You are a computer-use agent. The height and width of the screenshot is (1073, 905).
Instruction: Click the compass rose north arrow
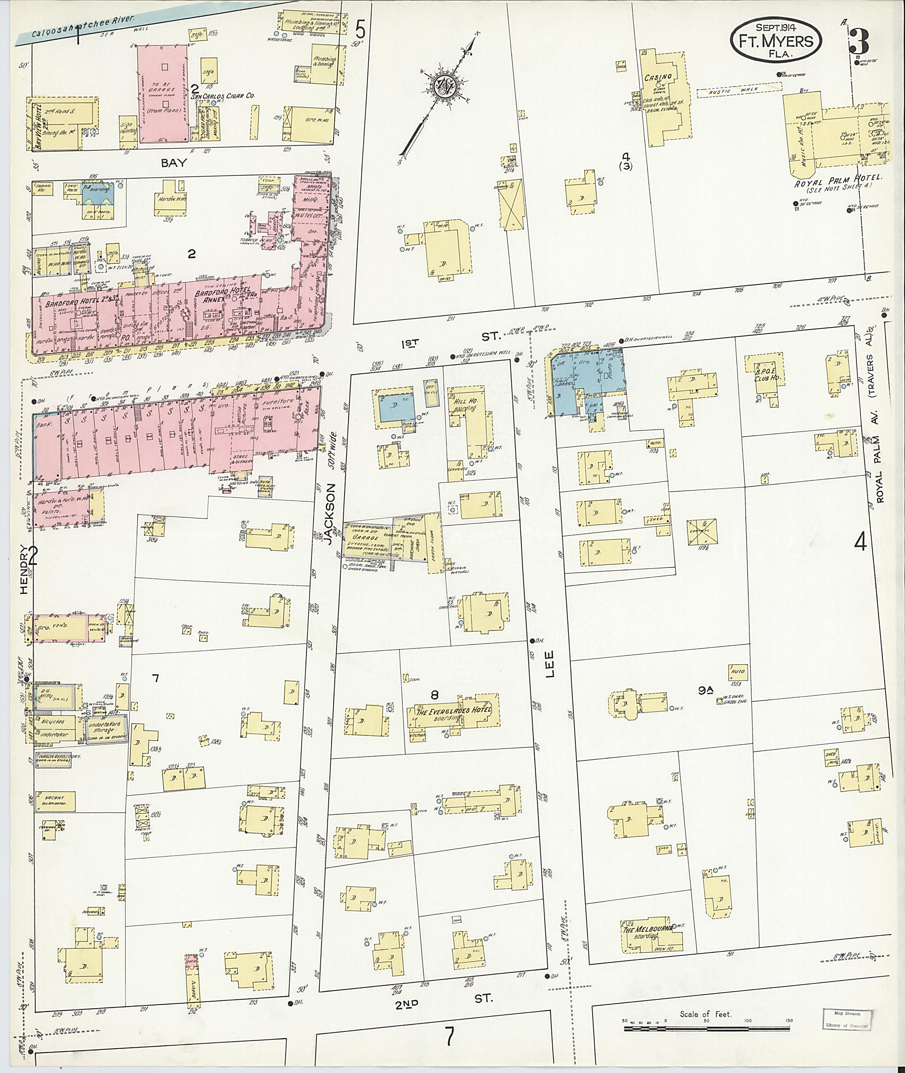[x=444, y=87]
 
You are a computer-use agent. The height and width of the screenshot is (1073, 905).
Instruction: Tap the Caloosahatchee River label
[x=82, y=27]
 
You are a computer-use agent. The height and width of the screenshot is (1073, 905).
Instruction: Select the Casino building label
[x=658, y=77]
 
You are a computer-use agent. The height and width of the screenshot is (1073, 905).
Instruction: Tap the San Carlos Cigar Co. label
[x=223, y=95]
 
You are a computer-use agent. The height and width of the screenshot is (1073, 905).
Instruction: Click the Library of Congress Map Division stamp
[x=847, y=1019]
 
